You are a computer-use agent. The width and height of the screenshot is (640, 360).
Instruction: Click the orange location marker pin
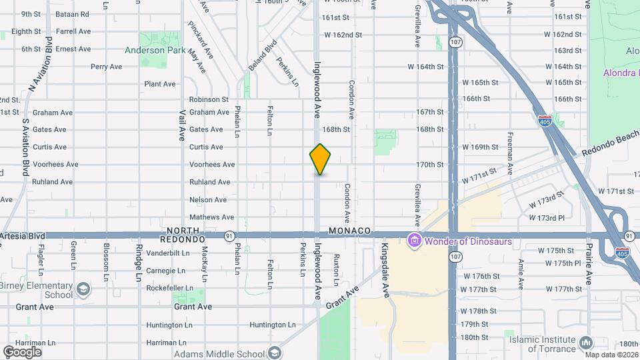coord(320,159)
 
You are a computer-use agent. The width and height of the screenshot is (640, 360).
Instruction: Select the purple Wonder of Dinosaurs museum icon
coord(415,241)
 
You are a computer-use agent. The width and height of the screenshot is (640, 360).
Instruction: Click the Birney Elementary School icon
coord(83,290)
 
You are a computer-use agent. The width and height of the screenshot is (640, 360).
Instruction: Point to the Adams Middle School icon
coord(273,353)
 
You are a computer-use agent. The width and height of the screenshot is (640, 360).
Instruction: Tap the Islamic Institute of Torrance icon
coord(586,343)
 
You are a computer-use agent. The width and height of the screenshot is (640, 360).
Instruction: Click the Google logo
coord(22,351)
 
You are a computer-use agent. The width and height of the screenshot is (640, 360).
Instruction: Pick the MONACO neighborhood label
coord(349,230)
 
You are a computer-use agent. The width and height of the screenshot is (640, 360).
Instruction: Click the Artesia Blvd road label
coord(23,236)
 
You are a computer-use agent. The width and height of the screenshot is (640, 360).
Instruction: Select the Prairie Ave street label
coord(589,263)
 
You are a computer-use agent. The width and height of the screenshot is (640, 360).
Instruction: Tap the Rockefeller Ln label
coord(170,288)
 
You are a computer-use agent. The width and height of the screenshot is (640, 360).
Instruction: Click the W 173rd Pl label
coord(547,218)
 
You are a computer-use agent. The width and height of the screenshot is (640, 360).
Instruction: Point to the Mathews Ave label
coord(211,217)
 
